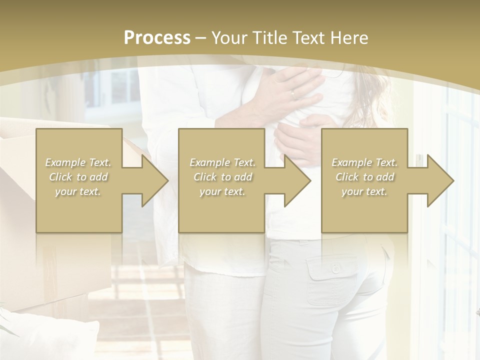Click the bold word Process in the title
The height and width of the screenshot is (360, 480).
(x=157, y=38)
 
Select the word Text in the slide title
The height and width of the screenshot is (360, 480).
(x=308, y=38)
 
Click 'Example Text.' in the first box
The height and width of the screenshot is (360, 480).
(x=78, y=162)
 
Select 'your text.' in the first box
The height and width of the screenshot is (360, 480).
(x=78, y=191)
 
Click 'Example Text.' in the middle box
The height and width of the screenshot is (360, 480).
(x=222, y=162)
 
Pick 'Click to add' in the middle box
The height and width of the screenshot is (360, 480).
(x=222, y=177)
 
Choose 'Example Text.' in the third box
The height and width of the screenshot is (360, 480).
(x=364, y=162)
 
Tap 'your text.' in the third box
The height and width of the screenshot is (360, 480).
(x=364, y=191)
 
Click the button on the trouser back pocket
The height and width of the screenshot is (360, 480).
(x=335, y=269)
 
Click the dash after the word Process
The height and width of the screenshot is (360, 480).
(x=201, y=38)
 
